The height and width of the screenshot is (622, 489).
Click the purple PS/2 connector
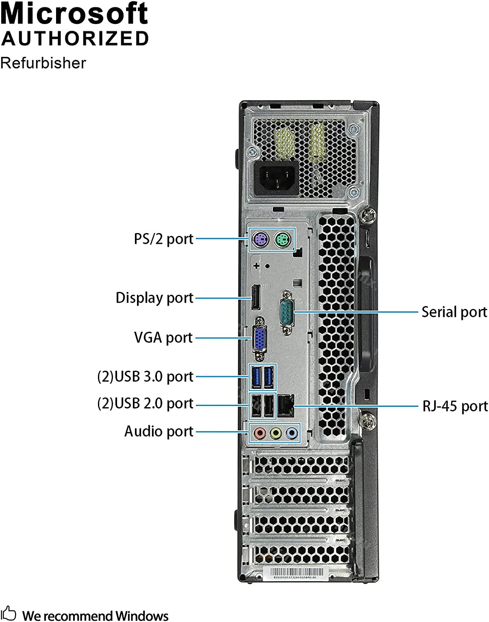point(260,239)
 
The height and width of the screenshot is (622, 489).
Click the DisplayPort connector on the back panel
point(255,297)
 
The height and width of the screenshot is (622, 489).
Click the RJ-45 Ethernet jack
point(286,406)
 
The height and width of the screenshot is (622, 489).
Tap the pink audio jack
point(259,433)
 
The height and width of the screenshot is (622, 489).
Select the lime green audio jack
point(276,433)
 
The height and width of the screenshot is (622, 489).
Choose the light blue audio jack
point(292,433)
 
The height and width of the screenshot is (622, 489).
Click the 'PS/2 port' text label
point(164,239)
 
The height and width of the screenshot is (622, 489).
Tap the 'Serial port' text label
point(454,312)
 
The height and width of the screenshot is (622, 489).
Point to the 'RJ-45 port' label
point(455,406)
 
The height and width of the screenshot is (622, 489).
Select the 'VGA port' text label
point(164,338)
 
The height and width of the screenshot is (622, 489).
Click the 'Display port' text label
point(154,298)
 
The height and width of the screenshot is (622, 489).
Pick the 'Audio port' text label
point(159,431)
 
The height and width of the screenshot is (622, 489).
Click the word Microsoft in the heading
point(74,14)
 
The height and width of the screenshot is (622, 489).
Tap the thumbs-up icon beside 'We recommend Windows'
point(8,613)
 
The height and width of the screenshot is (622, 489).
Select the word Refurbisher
point(43,63)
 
